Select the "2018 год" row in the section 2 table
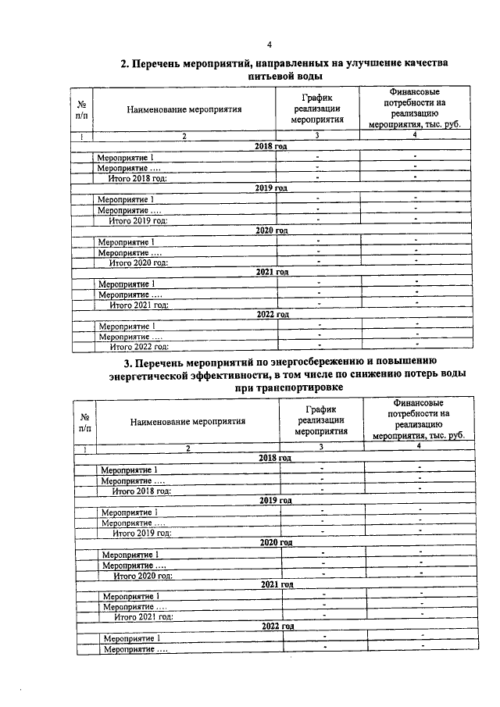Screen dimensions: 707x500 (x=271, y=147)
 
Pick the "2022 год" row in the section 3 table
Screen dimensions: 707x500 (x=277, y=627)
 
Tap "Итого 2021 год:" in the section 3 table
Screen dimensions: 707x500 (x=143, y=616)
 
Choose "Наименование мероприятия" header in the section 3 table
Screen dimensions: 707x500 (x=187, y=420)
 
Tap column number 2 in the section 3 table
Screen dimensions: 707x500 (x=187, y=448)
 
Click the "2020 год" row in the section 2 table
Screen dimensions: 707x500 (x=272, y=231)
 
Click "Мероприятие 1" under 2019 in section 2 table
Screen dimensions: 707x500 (x=125, y=199)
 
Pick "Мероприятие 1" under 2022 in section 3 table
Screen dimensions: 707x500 (x=130, y=638)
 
